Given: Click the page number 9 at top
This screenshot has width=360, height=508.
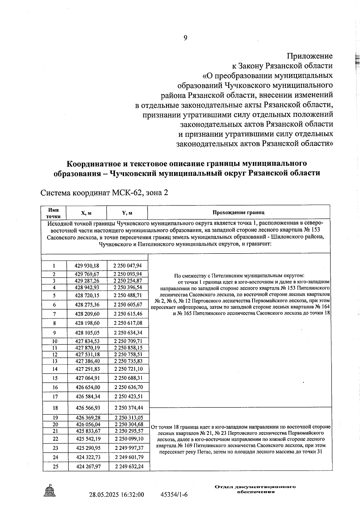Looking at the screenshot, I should point(185,38).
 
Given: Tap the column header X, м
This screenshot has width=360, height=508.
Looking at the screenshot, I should point(86,213).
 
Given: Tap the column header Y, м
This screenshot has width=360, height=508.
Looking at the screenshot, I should point(127,213).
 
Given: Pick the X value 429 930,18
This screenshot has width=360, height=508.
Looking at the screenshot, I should point(87,266).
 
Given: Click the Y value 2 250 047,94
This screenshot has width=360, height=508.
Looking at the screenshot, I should point(128,266).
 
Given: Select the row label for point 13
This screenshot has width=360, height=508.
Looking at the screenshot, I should point(55,361).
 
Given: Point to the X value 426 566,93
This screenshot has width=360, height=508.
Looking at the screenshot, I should point(88,408).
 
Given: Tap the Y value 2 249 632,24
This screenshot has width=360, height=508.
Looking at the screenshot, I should point(129,466).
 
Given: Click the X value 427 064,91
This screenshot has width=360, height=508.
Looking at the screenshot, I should point(88,378).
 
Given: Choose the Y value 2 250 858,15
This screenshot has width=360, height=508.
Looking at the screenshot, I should point(128,348).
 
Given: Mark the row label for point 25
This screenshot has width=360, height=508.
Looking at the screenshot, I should point(55,467).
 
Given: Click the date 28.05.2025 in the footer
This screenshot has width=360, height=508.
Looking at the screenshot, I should point(103,495).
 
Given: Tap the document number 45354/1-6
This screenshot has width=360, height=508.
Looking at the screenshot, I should point(174,495).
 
